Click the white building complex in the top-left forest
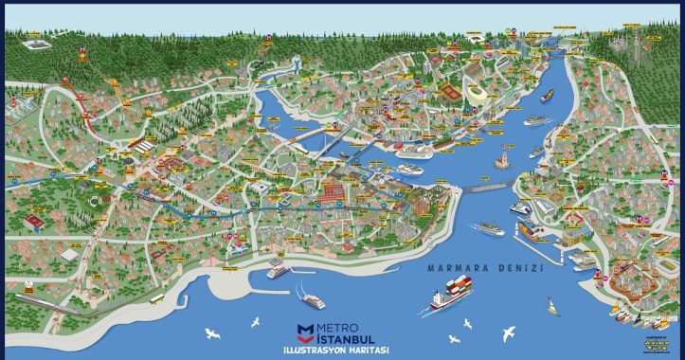click(x=35, y=45)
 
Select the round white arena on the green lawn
click(x=95, y=202)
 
